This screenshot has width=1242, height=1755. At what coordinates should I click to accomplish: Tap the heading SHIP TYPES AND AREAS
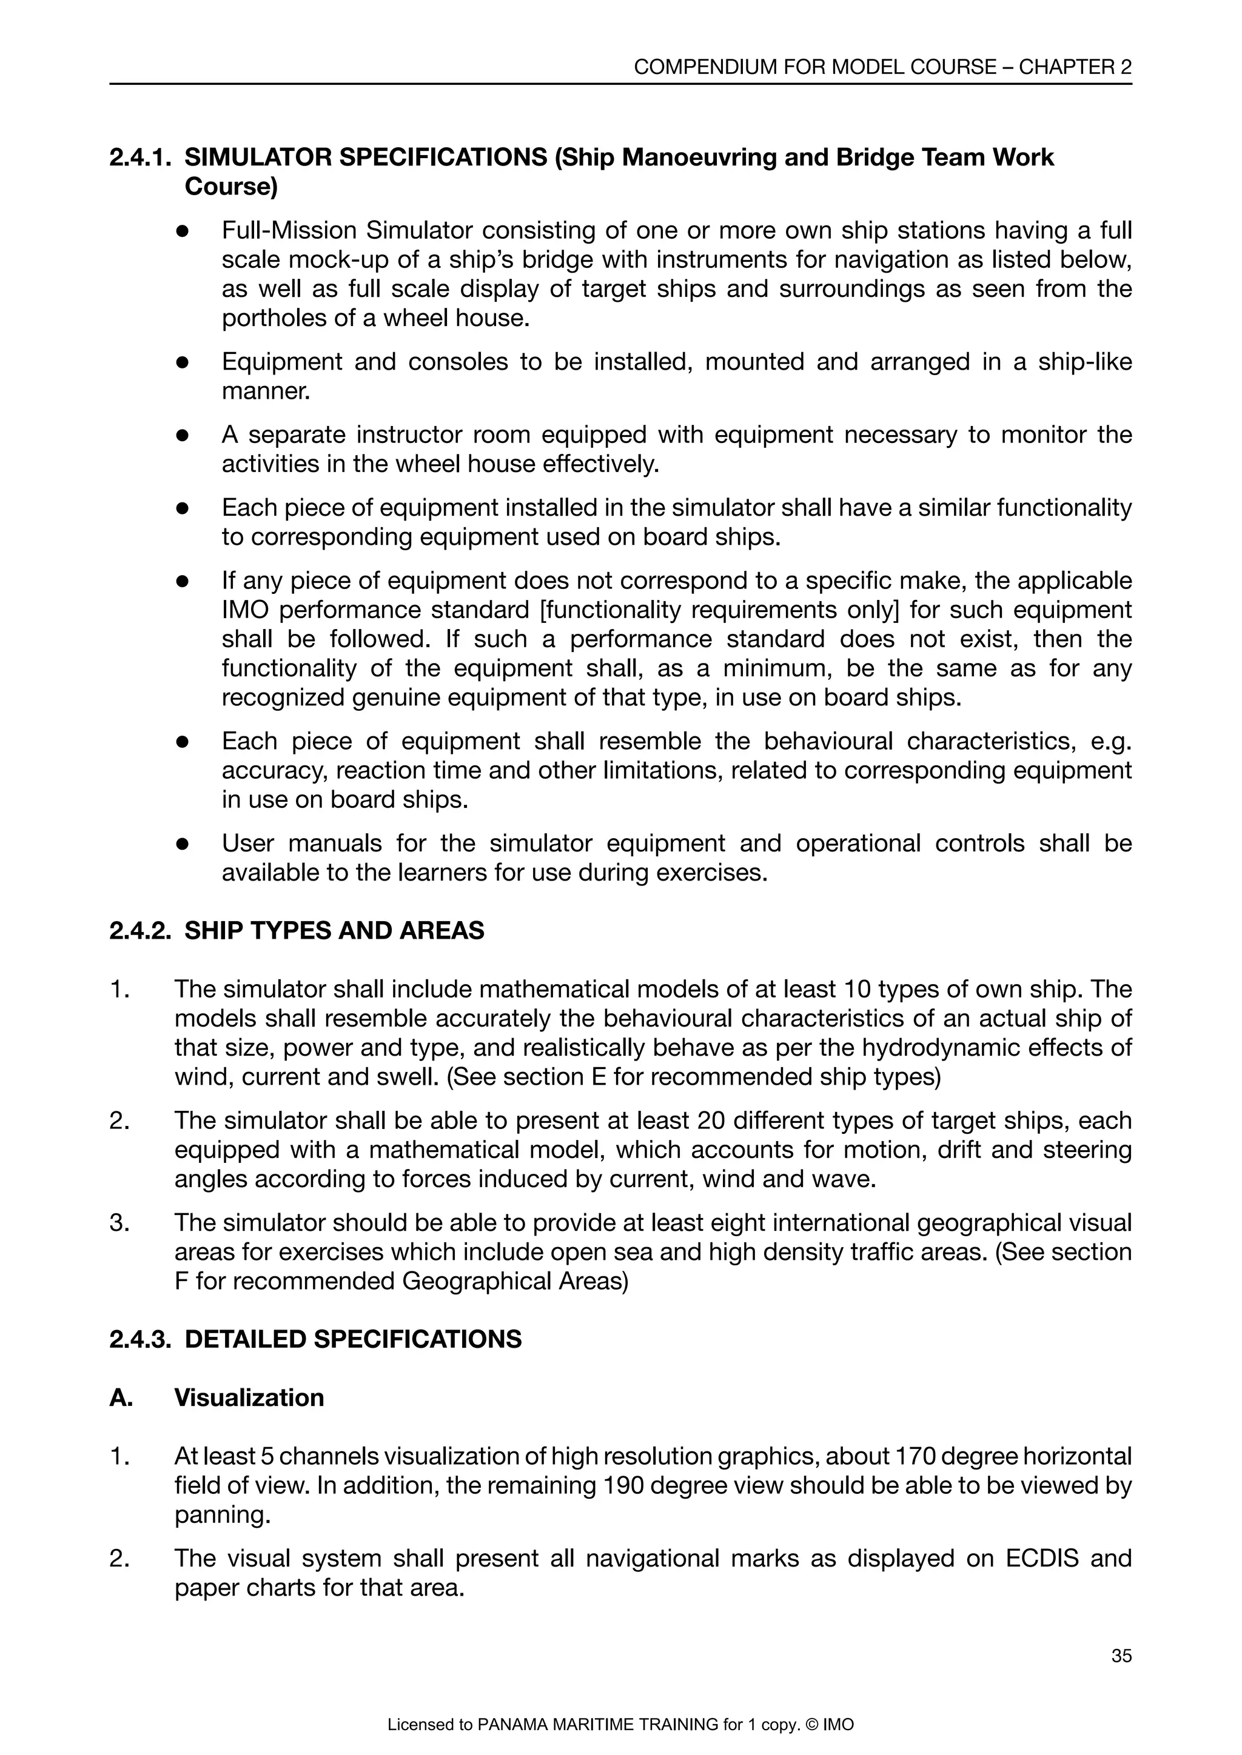pyautogui.click(x=334, y=930)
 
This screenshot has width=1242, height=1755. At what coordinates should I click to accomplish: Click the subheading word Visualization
pyautogui.click(x=249, y=1397)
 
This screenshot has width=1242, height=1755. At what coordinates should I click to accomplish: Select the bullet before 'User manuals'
pyautogui.click(x=182, y=844)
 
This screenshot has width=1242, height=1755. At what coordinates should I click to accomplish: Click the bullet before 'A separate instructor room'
pyautogui.click(x=182, y=435)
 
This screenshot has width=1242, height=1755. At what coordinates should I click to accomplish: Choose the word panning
pyautogui.click(x=222, y=1514)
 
